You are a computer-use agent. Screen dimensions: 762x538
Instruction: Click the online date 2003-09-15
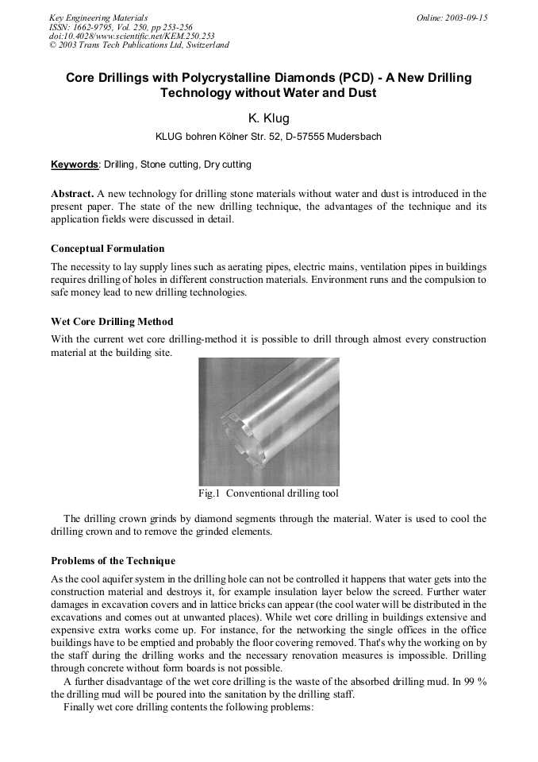coord(465,17)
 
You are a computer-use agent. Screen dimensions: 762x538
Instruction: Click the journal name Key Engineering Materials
coord(98,17)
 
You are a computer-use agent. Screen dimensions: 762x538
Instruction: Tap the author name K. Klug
coord(268,118)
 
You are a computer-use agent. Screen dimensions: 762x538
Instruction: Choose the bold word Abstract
coord(72,194)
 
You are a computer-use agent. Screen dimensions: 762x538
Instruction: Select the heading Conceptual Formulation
coord(107,249)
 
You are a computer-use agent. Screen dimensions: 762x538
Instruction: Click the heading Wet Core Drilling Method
coord(111,322)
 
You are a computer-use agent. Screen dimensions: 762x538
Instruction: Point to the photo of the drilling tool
coord(268,421)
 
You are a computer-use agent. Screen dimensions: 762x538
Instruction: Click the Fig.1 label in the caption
coord(209,493)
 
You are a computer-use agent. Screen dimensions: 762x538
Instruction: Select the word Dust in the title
coord(359,93)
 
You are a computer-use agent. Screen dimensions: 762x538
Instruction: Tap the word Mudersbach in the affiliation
coord(351,137)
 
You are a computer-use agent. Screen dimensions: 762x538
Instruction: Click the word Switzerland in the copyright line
coord(203,45)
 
